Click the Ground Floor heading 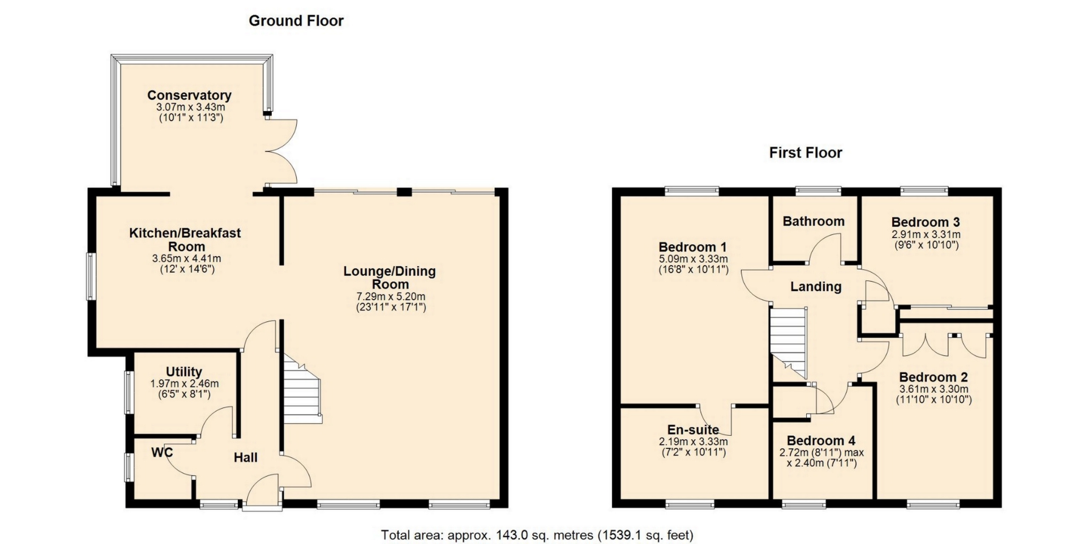pos(296,21)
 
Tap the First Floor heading pos(806,152)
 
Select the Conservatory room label pos(189,95)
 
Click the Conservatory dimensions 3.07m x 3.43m pos(190,107)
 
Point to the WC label pos(162,452)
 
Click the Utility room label pos(184,372)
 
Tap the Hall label pos(246,457)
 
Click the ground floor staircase pos(302,389)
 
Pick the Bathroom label pos(814,221)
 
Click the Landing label pos(816,287)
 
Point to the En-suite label pos(693,430)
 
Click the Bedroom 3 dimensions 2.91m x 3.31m pos(926,235)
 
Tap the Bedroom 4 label pos(821,440)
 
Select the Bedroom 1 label pos(692,247)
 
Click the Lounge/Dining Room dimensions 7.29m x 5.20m pos(391,296)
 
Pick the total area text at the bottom pos(537,535)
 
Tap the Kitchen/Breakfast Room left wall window pos(90,276)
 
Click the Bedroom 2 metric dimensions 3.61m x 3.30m pos(934,389)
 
